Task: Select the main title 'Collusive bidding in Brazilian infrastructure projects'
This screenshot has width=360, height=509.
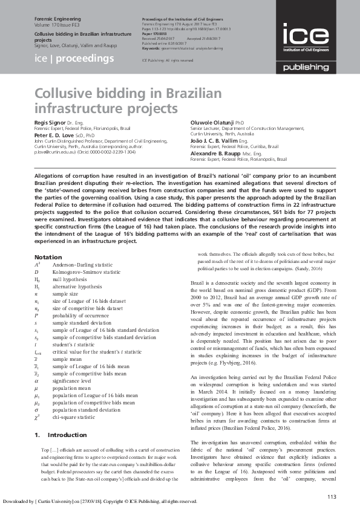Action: point(106,102)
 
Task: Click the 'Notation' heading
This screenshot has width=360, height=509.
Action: point(48,258)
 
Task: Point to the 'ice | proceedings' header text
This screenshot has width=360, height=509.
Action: point(74,59)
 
